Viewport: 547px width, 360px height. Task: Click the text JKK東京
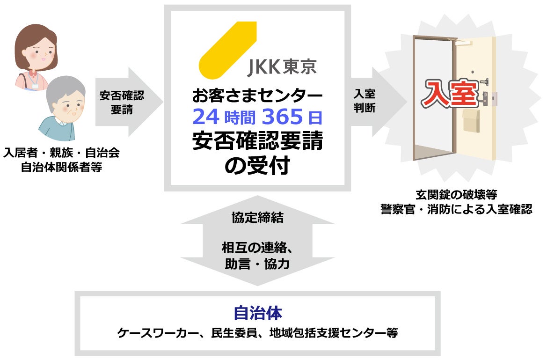[x=281, y=67]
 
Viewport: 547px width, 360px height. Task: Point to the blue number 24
[x=206, y=117]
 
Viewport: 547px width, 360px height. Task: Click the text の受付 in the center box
[x=257, y=165]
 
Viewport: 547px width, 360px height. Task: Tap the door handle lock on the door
[x=489, y=98]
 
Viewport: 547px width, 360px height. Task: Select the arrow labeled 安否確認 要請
[x=126, y=102]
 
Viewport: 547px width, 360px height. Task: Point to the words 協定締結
[x=257, y=218]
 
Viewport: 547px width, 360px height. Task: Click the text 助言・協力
[x=257, y=264]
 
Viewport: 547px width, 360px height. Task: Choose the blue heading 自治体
[x=257, y=313]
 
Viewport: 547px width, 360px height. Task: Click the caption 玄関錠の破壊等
[x=456, y=195]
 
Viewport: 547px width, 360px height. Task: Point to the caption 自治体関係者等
[x=61, y=167]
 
